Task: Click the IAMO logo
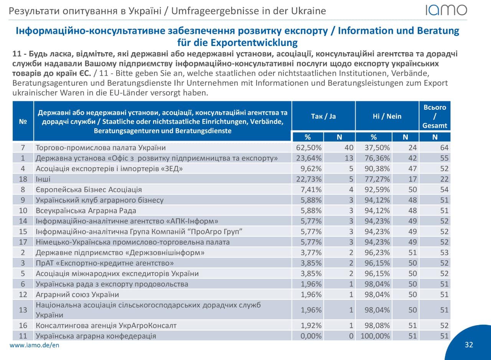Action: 446,10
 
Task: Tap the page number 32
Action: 469,345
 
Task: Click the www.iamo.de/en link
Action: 35,345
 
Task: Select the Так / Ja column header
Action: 323,116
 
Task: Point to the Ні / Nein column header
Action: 387,116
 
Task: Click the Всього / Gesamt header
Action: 435,116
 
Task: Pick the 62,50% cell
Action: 309,148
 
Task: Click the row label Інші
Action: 43,179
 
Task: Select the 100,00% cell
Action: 375,336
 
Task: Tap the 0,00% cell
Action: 311,336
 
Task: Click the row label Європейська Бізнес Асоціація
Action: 89,189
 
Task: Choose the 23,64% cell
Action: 309,158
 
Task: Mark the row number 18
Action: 23,179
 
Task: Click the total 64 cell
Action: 444,148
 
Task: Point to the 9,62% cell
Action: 311,168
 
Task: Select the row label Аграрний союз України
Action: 77,294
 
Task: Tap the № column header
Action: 23,122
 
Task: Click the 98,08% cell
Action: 377,325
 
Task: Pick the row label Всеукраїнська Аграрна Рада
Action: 86,210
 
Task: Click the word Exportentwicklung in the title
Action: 254,43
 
